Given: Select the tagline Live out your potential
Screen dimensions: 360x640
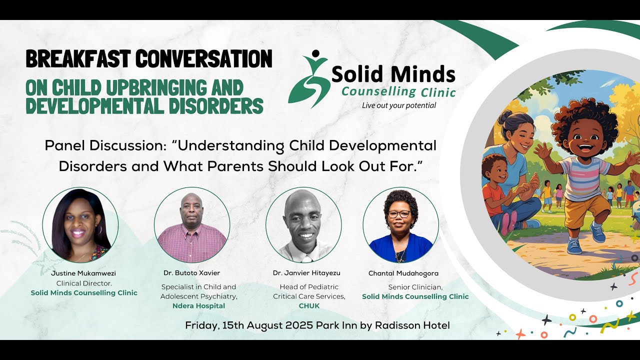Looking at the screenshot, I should tap(399, 105).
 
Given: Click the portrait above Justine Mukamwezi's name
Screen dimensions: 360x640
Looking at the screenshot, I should tap(80, 225).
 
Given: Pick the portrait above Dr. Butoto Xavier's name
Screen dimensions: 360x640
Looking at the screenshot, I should tap(192, 225).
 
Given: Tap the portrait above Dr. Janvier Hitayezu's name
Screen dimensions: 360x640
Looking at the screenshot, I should tap(303, 225).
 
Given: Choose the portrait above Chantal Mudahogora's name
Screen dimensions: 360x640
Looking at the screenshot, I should tap(400, 225).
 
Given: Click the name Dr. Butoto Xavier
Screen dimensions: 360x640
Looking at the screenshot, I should tap(191, 273).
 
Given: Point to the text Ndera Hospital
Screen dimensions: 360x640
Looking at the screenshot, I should tap(198, 305).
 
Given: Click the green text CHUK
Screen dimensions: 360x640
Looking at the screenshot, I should tap(309, 305).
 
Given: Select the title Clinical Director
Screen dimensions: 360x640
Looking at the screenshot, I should tap(84, 283).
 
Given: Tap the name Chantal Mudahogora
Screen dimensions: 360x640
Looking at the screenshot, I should tap(403, 273).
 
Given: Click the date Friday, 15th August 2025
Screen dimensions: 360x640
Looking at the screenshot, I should tap(249, 325).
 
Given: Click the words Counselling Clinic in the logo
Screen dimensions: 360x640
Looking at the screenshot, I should tap(398, 92).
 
